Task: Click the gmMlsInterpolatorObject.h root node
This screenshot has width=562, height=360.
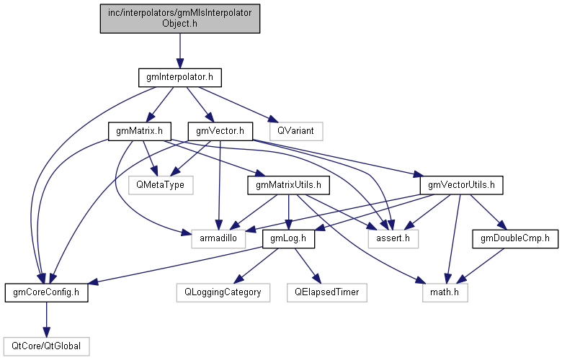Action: (x=179, y=17)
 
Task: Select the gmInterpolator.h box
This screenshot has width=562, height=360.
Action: (x=179, y=76)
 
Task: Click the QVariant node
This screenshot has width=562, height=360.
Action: (x=295, y=131)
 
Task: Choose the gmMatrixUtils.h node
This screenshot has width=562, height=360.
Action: (x=288, y=185)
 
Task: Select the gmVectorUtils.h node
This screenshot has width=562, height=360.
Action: (x=461, y=185)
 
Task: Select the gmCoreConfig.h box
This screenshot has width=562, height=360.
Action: (x=46, y=292)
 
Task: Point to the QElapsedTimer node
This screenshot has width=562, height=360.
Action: (x=326, y=292)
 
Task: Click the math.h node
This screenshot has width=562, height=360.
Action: (x=445, y=292)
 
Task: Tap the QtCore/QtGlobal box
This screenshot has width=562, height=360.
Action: (x=46, y=346)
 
